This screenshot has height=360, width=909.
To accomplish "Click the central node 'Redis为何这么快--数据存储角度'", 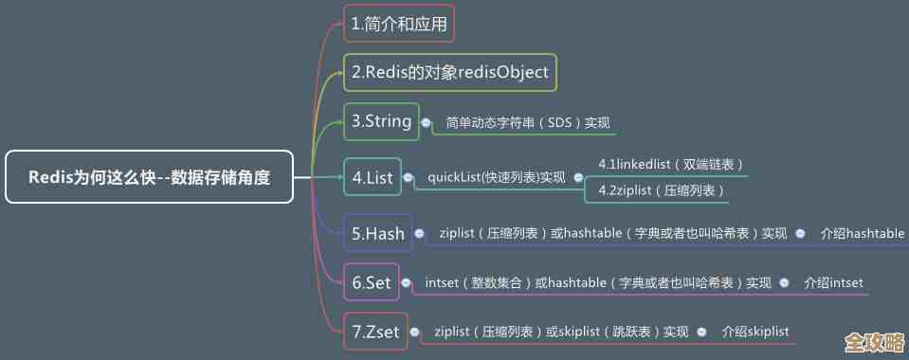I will [149, 176].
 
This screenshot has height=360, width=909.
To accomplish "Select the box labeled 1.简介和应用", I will [398, 24].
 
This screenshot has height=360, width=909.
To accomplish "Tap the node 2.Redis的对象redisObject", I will [449, 72].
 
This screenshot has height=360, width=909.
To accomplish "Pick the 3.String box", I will [381, 121].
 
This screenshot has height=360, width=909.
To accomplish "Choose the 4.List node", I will [372, 177].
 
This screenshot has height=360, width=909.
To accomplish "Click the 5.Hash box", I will [377, 233].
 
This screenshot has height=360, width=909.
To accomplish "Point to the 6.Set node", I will [371, 282].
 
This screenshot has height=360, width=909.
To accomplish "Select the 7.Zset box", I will [375, 332].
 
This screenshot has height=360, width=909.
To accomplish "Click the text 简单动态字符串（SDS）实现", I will [528, 123].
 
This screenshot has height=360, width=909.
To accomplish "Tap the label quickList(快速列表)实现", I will [496, 177].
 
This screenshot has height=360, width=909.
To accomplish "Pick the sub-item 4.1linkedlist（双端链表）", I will [670, 164].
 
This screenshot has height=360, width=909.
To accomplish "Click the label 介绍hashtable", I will [862, 233].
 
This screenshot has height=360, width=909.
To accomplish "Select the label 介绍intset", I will [833, 282].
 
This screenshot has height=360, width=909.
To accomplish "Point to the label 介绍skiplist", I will [754, 332].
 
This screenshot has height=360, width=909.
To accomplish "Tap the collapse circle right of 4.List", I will [408, 177].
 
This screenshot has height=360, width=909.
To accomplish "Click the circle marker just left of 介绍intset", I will [784, 282].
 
